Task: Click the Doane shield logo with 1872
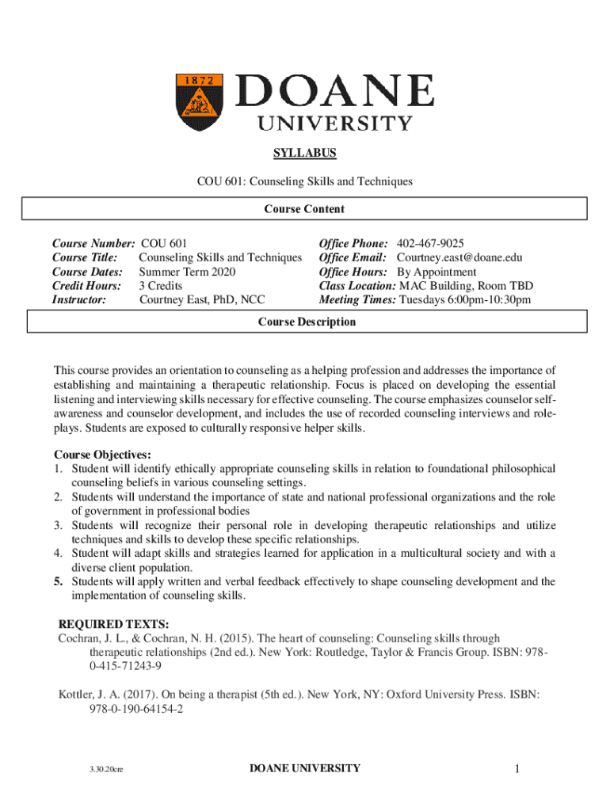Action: click(200, 102)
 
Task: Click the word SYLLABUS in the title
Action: click(305, 153)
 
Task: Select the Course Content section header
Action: click(305, 209)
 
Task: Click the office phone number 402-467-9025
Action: click(430, 243)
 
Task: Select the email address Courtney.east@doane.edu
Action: click(459, 257)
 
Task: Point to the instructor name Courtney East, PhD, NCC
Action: click(202, 299)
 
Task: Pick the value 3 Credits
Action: click(161, 285)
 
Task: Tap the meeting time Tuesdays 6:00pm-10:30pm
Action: click(465, 299)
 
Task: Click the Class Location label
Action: click(356, 285)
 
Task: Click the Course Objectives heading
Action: click(102, 455)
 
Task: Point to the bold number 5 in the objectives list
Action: click(58, 581)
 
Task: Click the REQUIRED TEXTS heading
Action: click(114, 624)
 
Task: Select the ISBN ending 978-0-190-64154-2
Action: click(136, 709)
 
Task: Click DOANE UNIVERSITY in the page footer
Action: click(305, 768)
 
